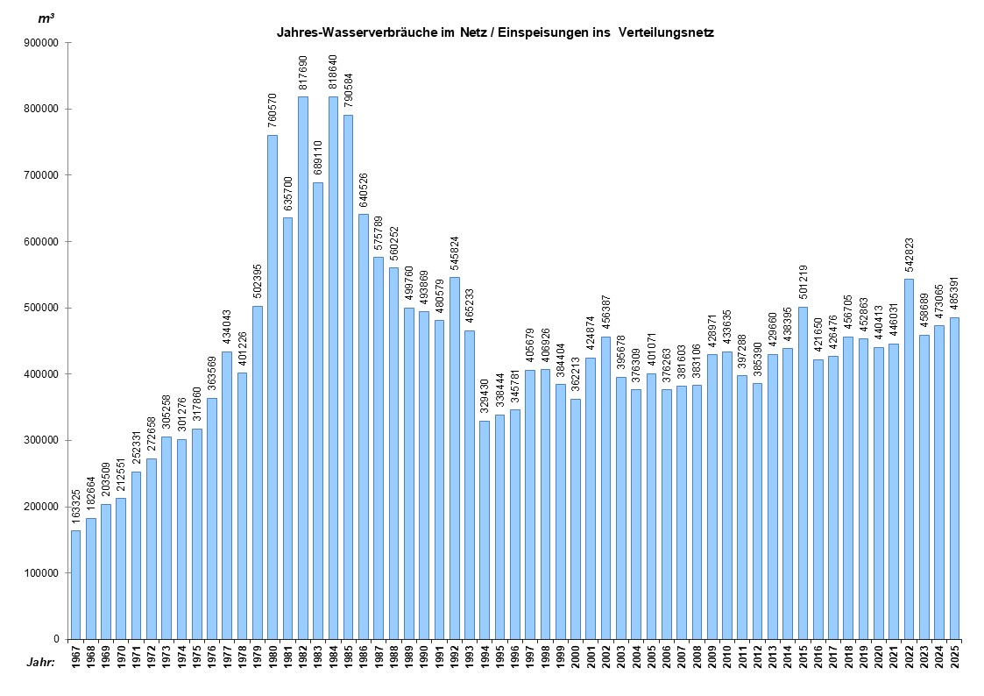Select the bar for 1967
coord(75,585)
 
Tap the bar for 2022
coord(909,458)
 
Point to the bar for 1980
coord(273,387)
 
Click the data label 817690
coord(303,73)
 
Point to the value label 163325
coord(75,507)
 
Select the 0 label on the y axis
coord(55,639)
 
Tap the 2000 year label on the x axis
coord(576,657)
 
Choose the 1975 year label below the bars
coord(197,657)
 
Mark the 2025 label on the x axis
coord(954,657)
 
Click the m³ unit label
coord(46,18)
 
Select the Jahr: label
coord(39,662)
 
